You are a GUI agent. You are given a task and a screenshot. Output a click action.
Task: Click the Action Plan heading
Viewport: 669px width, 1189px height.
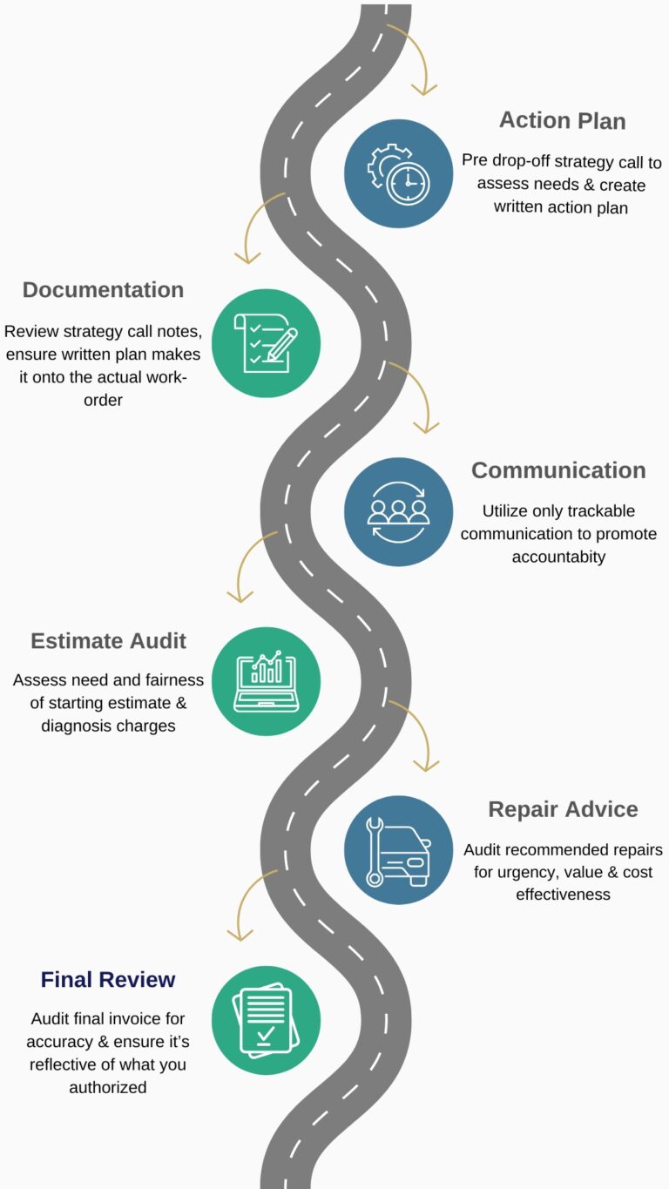point(562,120)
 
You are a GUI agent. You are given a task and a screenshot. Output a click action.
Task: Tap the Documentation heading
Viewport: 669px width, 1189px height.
point(103,290)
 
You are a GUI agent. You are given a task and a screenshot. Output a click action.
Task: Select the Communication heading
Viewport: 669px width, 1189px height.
point(558,470)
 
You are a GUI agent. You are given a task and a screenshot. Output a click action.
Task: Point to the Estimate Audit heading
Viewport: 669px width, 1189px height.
point(108,641)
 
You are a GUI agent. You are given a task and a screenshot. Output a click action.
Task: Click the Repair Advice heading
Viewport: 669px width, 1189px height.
point(563,809)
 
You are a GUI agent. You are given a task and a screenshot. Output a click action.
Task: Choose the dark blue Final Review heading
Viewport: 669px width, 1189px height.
point(108,979)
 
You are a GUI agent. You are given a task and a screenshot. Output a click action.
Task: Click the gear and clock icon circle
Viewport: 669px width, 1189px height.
point(398,173)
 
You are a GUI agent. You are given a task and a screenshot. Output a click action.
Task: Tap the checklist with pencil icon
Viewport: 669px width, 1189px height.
point(266,343)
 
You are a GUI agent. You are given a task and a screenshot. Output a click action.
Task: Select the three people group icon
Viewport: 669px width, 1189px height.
point(398,512)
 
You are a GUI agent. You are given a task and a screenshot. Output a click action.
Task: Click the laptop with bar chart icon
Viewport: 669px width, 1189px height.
point(266,681)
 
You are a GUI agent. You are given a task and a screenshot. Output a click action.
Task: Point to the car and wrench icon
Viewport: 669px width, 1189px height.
point(398,850)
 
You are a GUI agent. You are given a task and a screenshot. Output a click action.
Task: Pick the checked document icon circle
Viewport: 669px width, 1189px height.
point(266,1020)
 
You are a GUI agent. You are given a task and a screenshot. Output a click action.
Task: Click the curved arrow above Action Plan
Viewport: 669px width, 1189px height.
point(413,57)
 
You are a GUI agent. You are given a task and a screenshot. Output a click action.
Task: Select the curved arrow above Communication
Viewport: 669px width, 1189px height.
point(415,396)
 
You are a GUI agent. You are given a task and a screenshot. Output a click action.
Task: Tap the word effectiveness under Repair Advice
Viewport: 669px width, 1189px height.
point(563,895)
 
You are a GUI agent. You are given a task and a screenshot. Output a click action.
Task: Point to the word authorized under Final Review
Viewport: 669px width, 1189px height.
point(108,1087)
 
